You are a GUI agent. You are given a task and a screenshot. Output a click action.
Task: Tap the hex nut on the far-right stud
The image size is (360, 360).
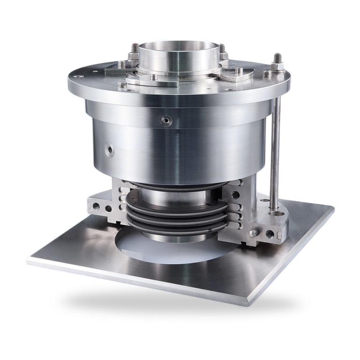pos(277,59)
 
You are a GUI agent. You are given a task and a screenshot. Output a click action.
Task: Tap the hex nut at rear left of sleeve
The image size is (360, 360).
pos(134,49)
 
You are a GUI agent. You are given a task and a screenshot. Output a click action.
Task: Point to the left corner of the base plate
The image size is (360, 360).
pos(27,259)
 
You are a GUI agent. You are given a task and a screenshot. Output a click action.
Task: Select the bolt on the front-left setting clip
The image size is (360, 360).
pos(123,84)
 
